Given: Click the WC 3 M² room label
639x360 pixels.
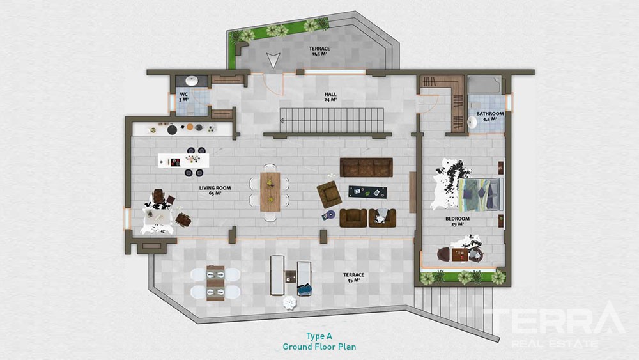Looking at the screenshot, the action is [184, 97].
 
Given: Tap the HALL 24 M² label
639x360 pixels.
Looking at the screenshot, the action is [330, 97].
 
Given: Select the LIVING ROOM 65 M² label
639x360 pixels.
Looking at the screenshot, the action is [215, 191].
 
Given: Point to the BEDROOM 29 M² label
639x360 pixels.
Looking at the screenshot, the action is [458, 221].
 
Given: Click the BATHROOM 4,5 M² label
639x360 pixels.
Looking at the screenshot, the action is [490, 116].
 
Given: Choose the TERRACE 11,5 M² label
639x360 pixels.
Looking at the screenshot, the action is [319, 51].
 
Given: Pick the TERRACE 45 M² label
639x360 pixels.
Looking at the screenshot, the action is [353, 278].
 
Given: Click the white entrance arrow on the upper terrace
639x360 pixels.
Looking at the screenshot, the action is [273, 60].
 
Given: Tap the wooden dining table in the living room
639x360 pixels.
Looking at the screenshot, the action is [270, 192].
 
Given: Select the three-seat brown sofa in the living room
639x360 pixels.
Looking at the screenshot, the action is [366, 167].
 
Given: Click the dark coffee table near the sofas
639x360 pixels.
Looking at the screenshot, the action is [367, 192].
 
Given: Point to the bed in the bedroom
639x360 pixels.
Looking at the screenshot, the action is [481, 194].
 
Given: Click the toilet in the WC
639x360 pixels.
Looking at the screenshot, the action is [190, 108].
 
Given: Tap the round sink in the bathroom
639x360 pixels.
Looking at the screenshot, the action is [472, 122].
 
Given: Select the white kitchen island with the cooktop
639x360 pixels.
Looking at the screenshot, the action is [183, 160].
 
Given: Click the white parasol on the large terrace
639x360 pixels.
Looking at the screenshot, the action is [289, 303].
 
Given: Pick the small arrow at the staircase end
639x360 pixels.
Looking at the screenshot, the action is [282, 121].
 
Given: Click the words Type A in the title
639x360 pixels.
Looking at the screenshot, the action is [319, 336].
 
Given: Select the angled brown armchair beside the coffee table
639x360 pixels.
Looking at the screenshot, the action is [329, 194].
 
